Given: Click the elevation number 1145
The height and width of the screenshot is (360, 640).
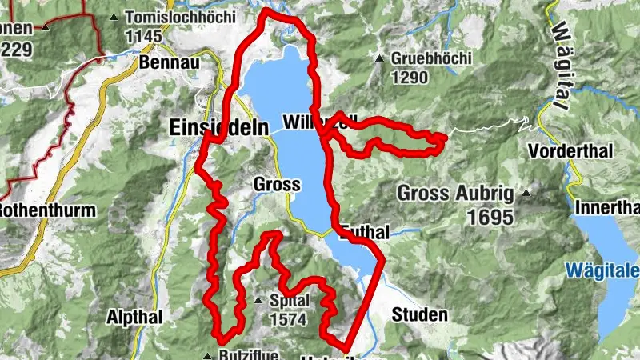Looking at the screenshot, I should coord(144,36).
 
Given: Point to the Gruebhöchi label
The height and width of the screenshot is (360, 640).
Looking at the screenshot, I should coord(432,58).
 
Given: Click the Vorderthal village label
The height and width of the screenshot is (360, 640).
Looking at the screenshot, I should coord(570,150).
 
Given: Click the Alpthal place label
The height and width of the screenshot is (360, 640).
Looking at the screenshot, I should coord(134,316).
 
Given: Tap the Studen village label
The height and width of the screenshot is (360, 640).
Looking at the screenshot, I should coord(419,315).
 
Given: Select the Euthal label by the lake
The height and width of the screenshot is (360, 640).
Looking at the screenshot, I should coord(366,232).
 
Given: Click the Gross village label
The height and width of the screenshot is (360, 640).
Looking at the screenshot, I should coord(276,185).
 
